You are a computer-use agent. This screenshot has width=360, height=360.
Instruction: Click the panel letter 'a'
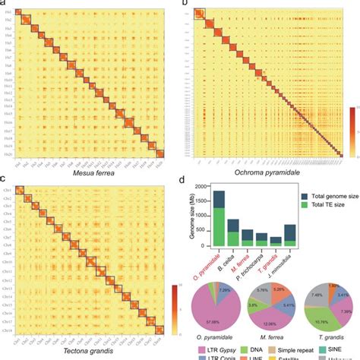point(4,4)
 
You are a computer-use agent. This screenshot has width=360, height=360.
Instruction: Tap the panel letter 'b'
point(185,5)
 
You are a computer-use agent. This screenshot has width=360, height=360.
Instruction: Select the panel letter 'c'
point(4,180)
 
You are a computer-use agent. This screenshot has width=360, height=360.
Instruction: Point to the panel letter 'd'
point(185,180)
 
